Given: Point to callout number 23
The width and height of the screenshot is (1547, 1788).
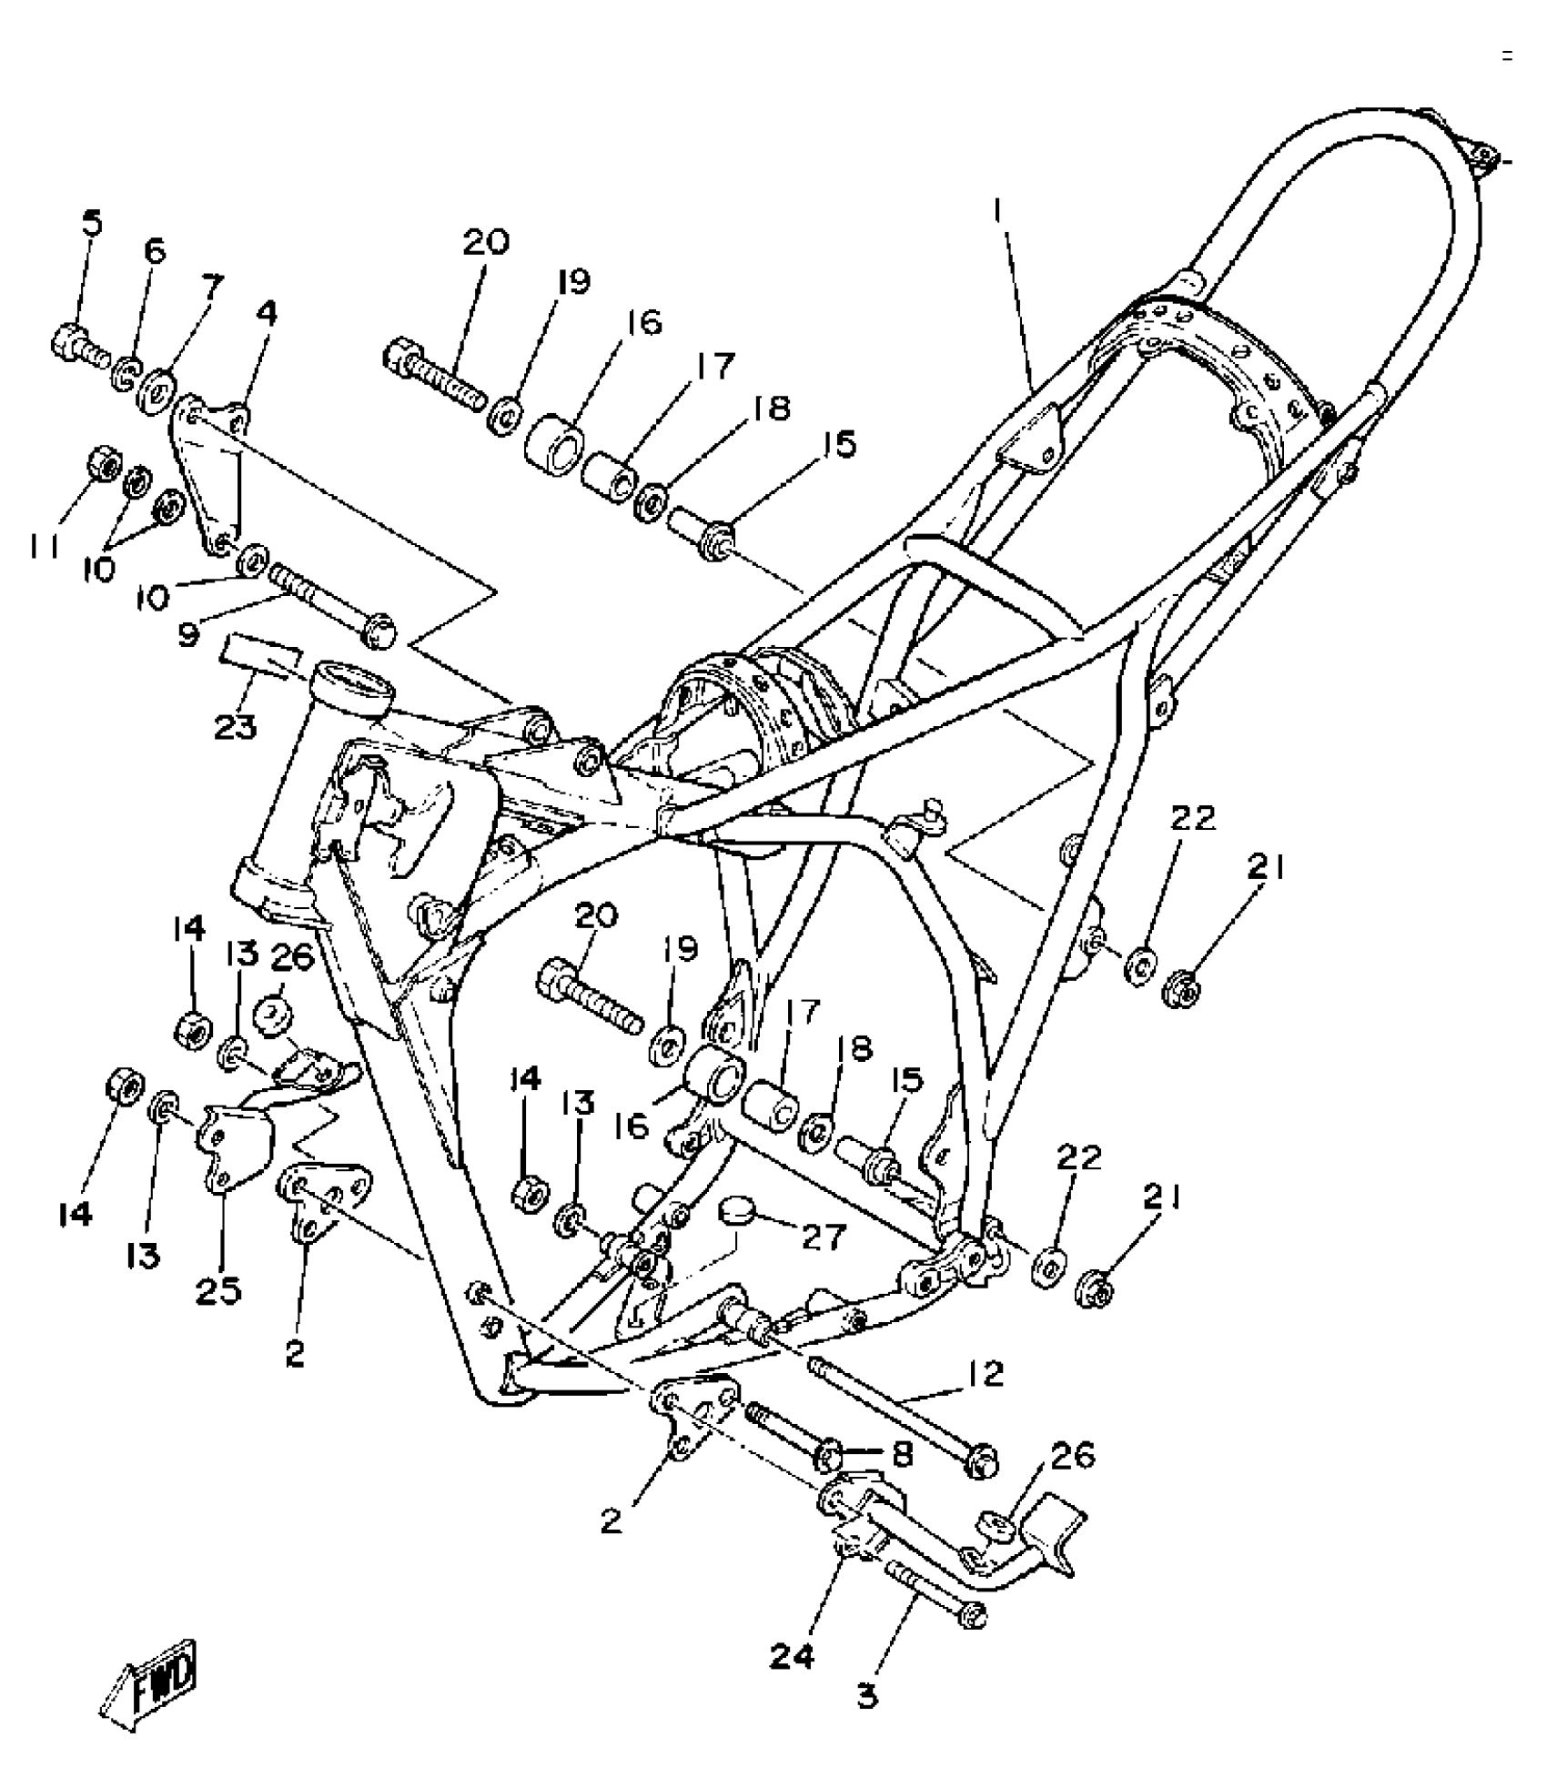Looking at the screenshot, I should [x=235, y=727].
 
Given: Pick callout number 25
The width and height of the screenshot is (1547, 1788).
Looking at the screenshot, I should [x=218, y=1289].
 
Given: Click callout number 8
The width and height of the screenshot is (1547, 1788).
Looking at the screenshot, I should [x=902, y=1453].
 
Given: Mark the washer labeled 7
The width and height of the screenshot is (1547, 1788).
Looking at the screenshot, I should [x=158, y=382].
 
